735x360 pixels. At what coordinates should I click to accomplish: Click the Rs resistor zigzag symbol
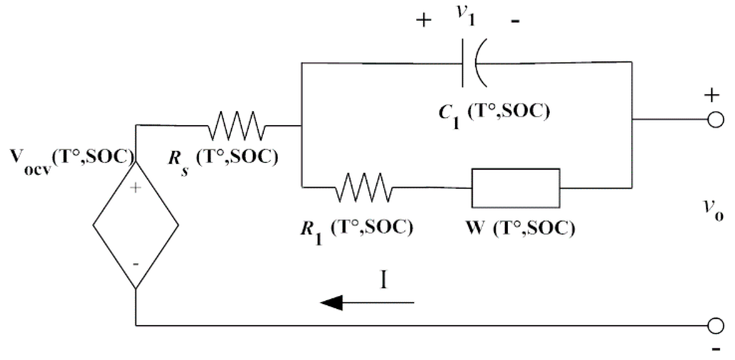click(x=236, y=126)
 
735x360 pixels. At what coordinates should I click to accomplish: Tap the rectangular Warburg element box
click(x=515, y=188)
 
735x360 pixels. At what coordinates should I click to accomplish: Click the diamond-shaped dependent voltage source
click(x=136, y=225)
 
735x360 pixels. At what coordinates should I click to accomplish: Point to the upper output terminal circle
click(x=716, y=120)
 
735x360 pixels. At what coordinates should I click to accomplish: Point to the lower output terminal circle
click(x=716, y=326)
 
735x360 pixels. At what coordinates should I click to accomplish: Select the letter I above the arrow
click(x=383, y=281)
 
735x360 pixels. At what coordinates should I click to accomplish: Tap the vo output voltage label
click(x=713, y=211)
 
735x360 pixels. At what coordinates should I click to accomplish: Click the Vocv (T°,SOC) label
click(x=71, y=159)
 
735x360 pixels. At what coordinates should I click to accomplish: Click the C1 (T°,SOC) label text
click(x=494, y=114)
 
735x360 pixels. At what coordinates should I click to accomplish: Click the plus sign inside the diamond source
click(x=136, y=188)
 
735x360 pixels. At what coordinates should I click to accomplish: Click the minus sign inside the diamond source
click(x=136, y=264)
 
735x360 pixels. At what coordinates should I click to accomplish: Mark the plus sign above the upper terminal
click(x=712, y=96)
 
